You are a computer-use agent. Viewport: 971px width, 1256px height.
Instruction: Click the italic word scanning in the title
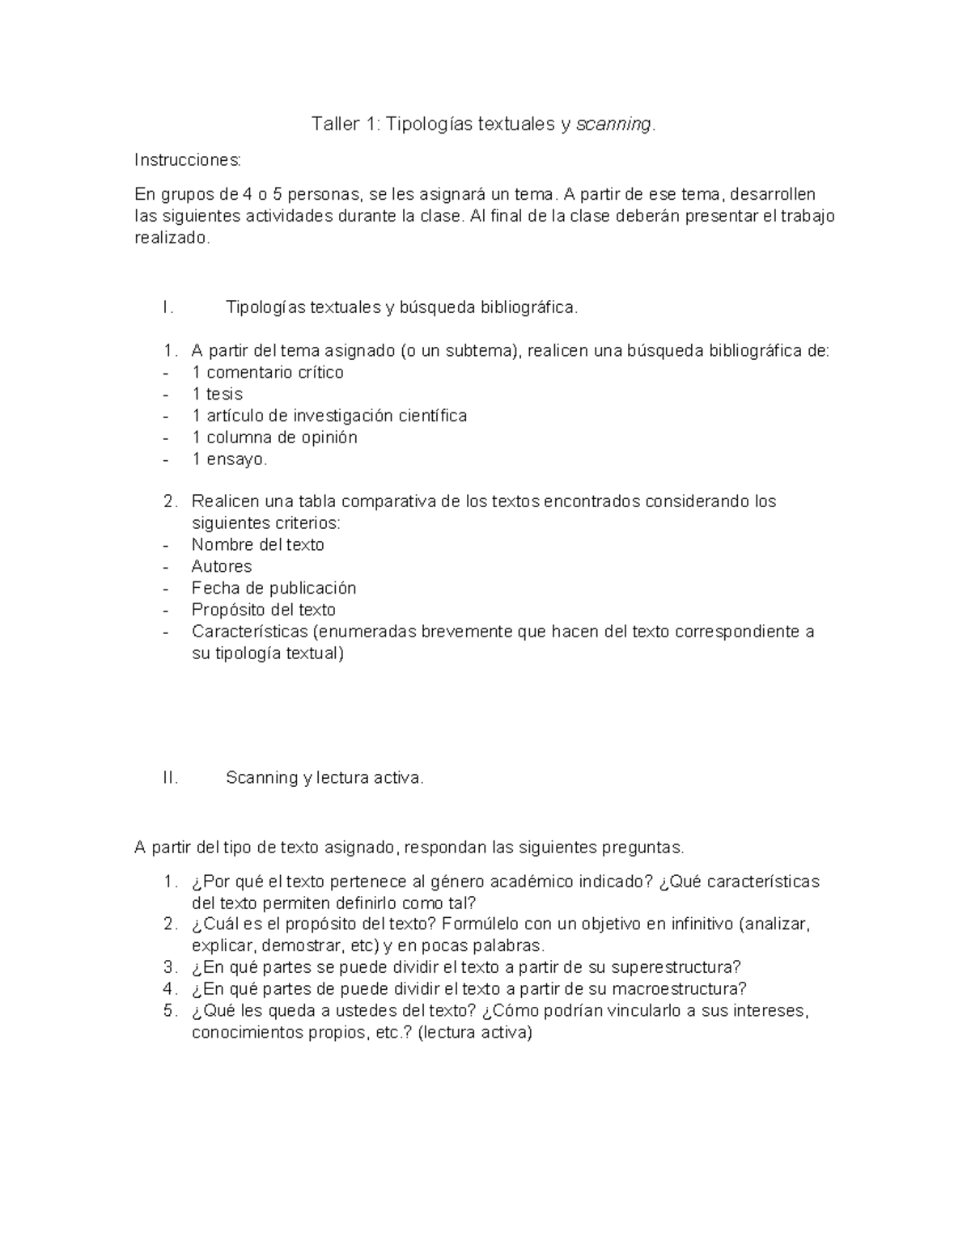click(x=613, y=125)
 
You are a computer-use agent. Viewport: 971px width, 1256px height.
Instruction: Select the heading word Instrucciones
click(x=188, y=160)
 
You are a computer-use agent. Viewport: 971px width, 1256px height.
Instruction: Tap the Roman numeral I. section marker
click(x=167, y=307)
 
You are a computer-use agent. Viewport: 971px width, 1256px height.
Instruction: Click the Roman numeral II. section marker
click(x=169, y=778)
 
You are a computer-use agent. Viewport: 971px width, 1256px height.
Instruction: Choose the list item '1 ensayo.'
click(x=229, y=459)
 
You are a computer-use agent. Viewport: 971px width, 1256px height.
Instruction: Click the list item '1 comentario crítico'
click(x=267, y=372)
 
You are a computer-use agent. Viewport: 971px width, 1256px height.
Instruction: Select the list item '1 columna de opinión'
click(x=274, y=438)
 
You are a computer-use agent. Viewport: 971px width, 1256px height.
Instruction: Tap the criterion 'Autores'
click(x=222, y=566)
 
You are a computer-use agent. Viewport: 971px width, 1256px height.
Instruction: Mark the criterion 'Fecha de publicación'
click(x=273, y=588)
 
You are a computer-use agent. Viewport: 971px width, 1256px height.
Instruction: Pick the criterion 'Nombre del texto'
click(x=257, y=545)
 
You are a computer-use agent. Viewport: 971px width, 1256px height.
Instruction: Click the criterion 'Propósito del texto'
click(x=263, y=610)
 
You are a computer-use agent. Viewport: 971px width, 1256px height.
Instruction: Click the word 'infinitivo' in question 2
click(x=702, y=924)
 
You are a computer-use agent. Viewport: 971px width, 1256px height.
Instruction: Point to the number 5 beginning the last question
click(x=168, y=1011)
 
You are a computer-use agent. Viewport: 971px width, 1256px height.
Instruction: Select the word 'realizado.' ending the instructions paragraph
click(x=172, y=238)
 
